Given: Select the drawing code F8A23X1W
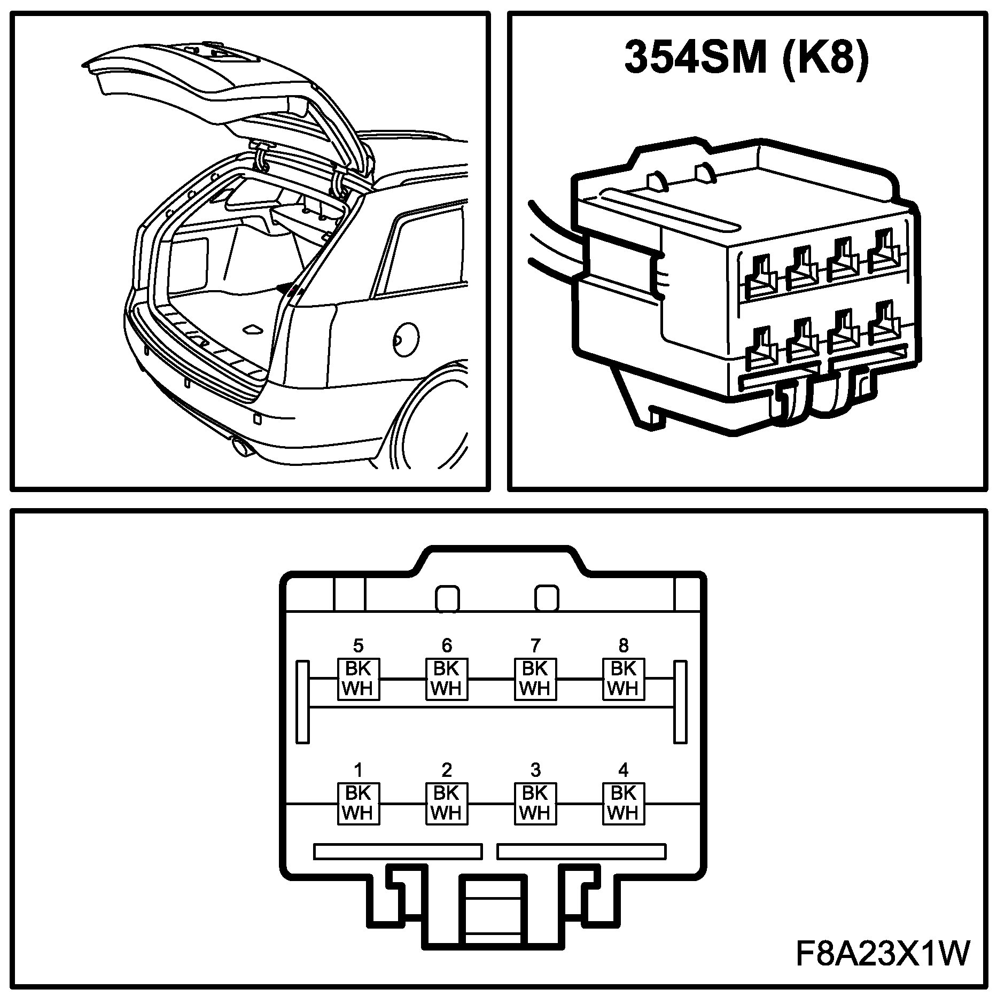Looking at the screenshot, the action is click(x=882, y=953).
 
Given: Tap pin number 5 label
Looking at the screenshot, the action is click(x=358, y=645).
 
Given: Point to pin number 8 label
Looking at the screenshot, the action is click(x=624, y=645).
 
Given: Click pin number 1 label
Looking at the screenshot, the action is click(x=358, y=770).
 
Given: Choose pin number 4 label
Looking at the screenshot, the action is click(x=624, y=770).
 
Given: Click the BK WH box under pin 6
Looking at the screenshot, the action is click(x=447, y=679).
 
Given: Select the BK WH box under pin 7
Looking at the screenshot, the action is click(x=535, y=679).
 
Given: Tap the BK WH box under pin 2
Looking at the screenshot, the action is click(x=447, y=803).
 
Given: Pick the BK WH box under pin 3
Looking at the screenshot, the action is click(x=535, y=803).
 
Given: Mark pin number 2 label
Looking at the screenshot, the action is click(x=447, y=770).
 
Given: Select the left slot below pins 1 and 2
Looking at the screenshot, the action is click(x=398, y=851).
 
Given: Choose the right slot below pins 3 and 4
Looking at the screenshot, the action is click(x=581, y=851).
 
